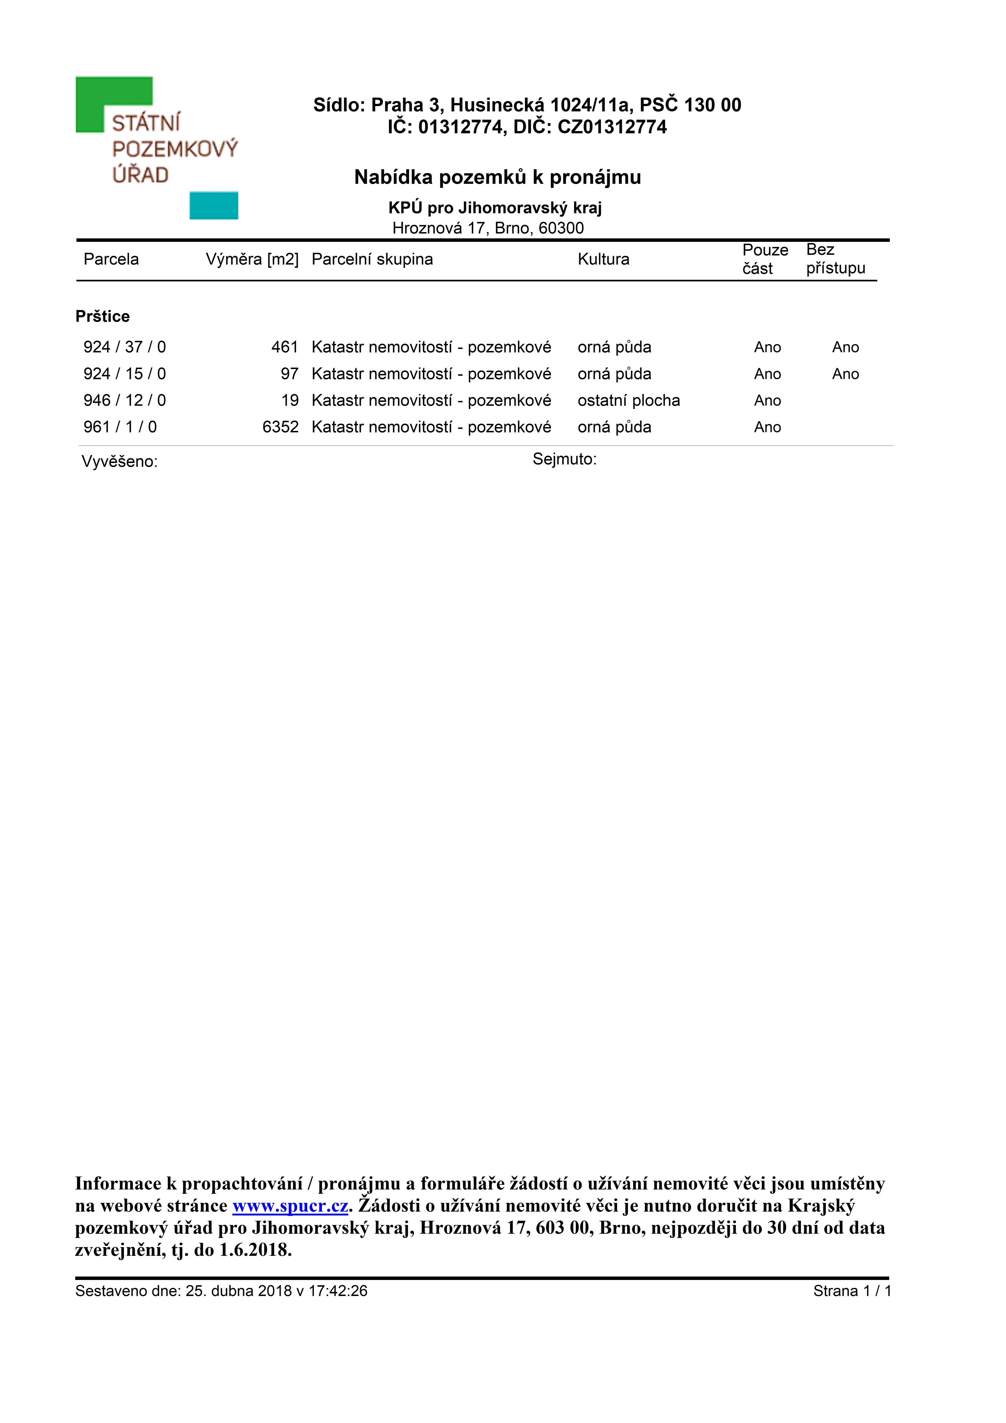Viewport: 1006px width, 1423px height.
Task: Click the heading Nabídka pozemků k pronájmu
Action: [x=498, y=177]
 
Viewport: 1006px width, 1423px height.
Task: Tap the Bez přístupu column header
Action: [x=835, y=259]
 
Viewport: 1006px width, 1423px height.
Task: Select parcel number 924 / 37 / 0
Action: [x=124, y=347]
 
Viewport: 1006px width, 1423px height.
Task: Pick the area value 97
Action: [x=289, y=374]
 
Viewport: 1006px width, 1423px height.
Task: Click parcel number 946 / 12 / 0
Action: [x=124, y=400]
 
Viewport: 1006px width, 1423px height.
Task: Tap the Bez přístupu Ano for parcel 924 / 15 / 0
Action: [x=845, y=374]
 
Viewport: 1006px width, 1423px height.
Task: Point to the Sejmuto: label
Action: [x=564, y=459]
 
